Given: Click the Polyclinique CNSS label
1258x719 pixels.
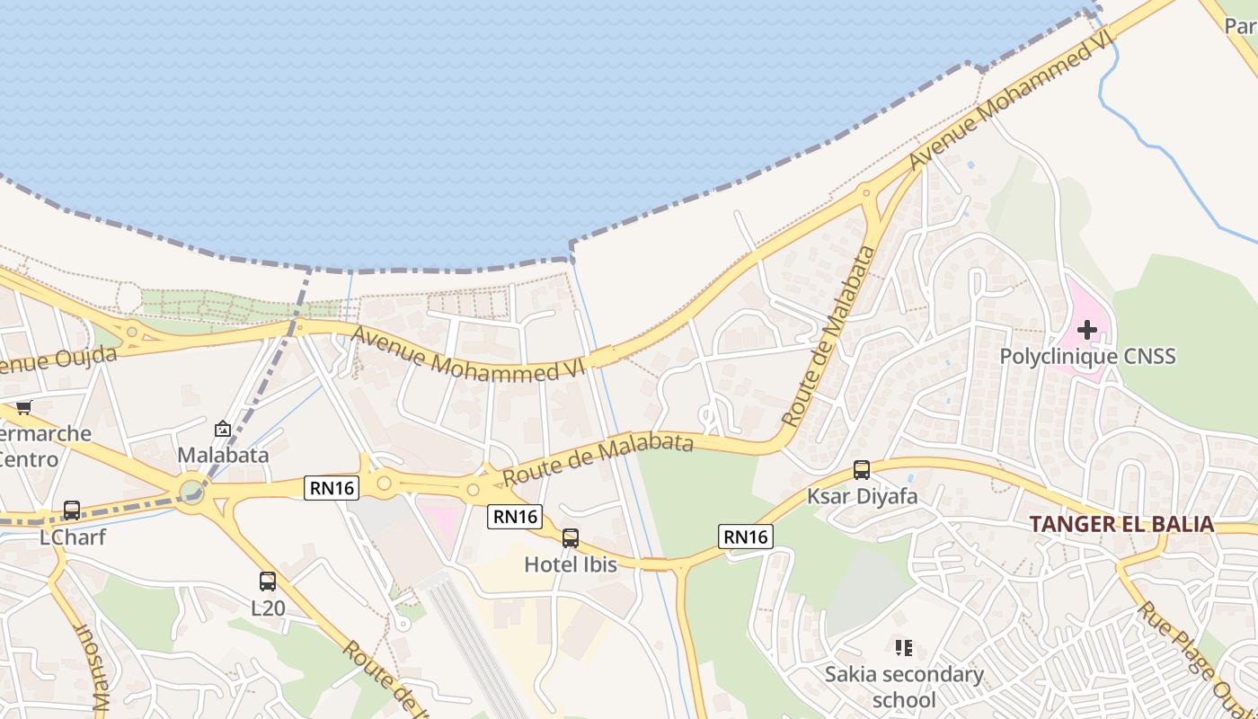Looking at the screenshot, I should [x=1087, y=357].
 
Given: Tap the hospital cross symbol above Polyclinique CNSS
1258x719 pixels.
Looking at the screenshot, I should [x=1087, y=330].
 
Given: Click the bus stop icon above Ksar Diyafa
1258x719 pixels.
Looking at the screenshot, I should [x=861, y=469].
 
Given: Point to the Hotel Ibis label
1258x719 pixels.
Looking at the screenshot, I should [x=571, y=564].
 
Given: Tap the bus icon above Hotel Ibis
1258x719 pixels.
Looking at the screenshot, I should [x=570, y=538].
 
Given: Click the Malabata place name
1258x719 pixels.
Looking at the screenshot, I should [x=223, y=455].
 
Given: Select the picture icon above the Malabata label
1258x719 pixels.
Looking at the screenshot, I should [x=223, y=429].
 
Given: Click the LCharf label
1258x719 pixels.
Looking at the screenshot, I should [x=73, y=537].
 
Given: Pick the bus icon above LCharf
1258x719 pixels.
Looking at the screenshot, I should [x=72, y=510].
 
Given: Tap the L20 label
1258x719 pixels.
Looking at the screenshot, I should [x=268, y=608].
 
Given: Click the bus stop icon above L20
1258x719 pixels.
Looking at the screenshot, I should [x=268, y=581].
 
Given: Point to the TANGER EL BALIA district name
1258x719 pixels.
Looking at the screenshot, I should [x=1121, y=524].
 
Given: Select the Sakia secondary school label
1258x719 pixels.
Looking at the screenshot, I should [x=904, y=687].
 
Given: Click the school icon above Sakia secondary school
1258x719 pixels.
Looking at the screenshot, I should [x=904, y=647].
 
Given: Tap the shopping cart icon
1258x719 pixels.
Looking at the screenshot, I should [x=23, y=407].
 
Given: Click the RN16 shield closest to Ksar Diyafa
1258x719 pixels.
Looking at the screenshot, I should [x=746, y=537].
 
